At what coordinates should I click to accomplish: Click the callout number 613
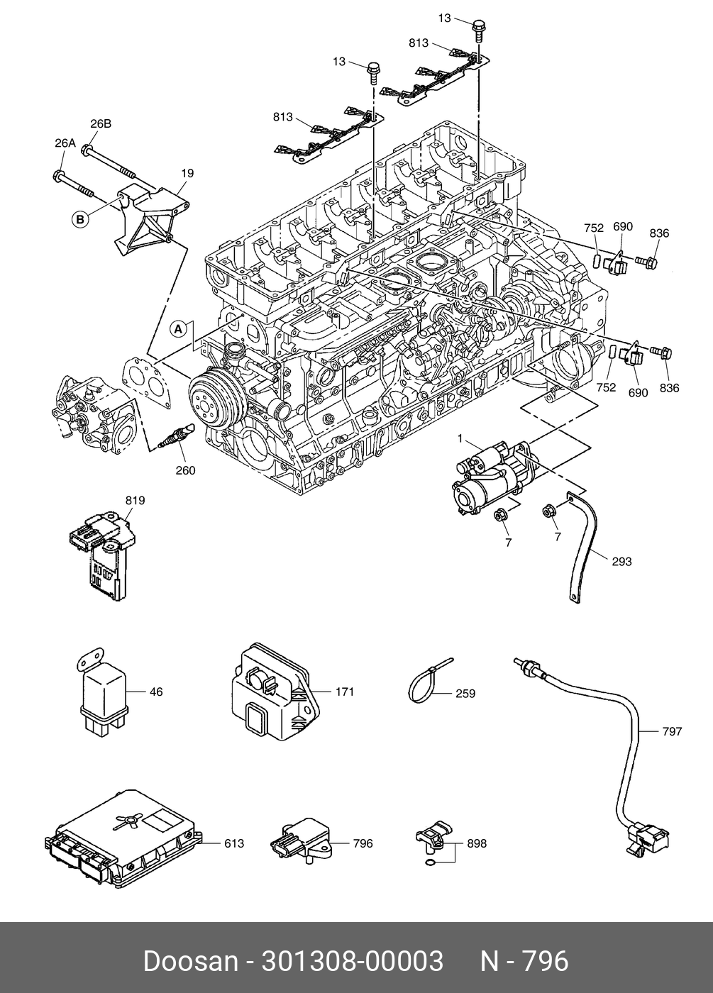(x=234, y=843)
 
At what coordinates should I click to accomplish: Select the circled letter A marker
(x=180, y=328)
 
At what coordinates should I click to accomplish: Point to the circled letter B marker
(x=80, y=219)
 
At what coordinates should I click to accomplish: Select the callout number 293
(x=621, y=562)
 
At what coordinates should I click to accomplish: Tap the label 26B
(x=101, y=123)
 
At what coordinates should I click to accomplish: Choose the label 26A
(x=65, y=143)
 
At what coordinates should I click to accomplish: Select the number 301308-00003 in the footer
(x=353, y=961)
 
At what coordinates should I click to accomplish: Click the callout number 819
(x=135, y=501)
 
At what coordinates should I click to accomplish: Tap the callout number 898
(x=477, y=843)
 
